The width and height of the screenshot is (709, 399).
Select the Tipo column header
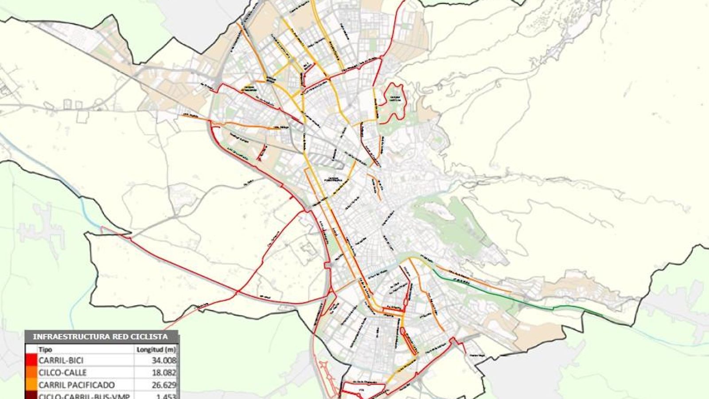click(45, 349)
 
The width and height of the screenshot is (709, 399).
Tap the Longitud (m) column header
click(156, 349)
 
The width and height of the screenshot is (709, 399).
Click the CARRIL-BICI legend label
click(61, 360)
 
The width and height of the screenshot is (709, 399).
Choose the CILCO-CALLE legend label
click(62, 372)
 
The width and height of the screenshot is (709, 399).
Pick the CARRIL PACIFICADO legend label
click(77, 385)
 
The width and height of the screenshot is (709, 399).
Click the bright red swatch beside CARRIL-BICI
click(31, 360)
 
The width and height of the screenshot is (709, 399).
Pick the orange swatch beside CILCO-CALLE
click(31, 372)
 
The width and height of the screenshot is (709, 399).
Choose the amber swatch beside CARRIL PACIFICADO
click(31, 385)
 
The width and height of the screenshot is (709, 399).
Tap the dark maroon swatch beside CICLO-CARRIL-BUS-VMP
click(31, 396)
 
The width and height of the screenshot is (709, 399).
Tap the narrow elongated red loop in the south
click(408, 341)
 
